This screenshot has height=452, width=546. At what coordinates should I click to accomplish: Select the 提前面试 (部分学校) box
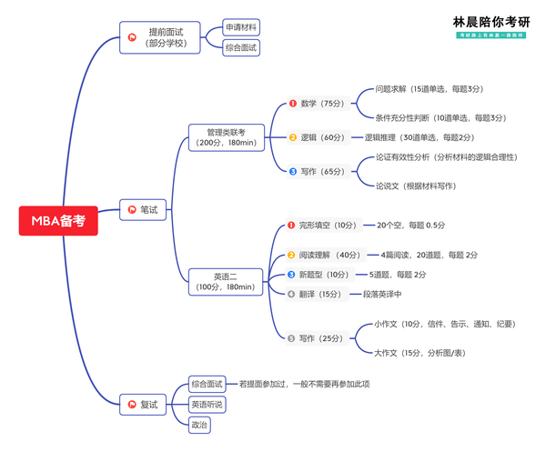click(x=165, y=37)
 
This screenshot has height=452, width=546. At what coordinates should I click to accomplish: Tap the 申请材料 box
click(x=241, y=27)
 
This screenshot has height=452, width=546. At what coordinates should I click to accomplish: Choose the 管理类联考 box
click(x=225, y=137)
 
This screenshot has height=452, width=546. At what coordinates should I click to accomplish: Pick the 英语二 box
click(x=225, y=281)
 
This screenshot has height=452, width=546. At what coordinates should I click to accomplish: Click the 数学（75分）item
click(x=318, y=104)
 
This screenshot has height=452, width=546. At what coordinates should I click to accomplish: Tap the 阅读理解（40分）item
click(x=329, y=255)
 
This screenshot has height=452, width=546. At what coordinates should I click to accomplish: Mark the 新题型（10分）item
click(x=324, y=275)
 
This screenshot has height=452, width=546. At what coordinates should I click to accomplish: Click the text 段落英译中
click(x=382, y=294)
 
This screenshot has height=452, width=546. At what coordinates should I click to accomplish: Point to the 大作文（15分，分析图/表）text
click(x=431, y=352)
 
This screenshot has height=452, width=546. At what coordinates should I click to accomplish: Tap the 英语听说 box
click(x=207, y=404)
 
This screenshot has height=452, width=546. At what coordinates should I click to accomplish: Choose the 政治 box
click(x=198, y=424)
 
